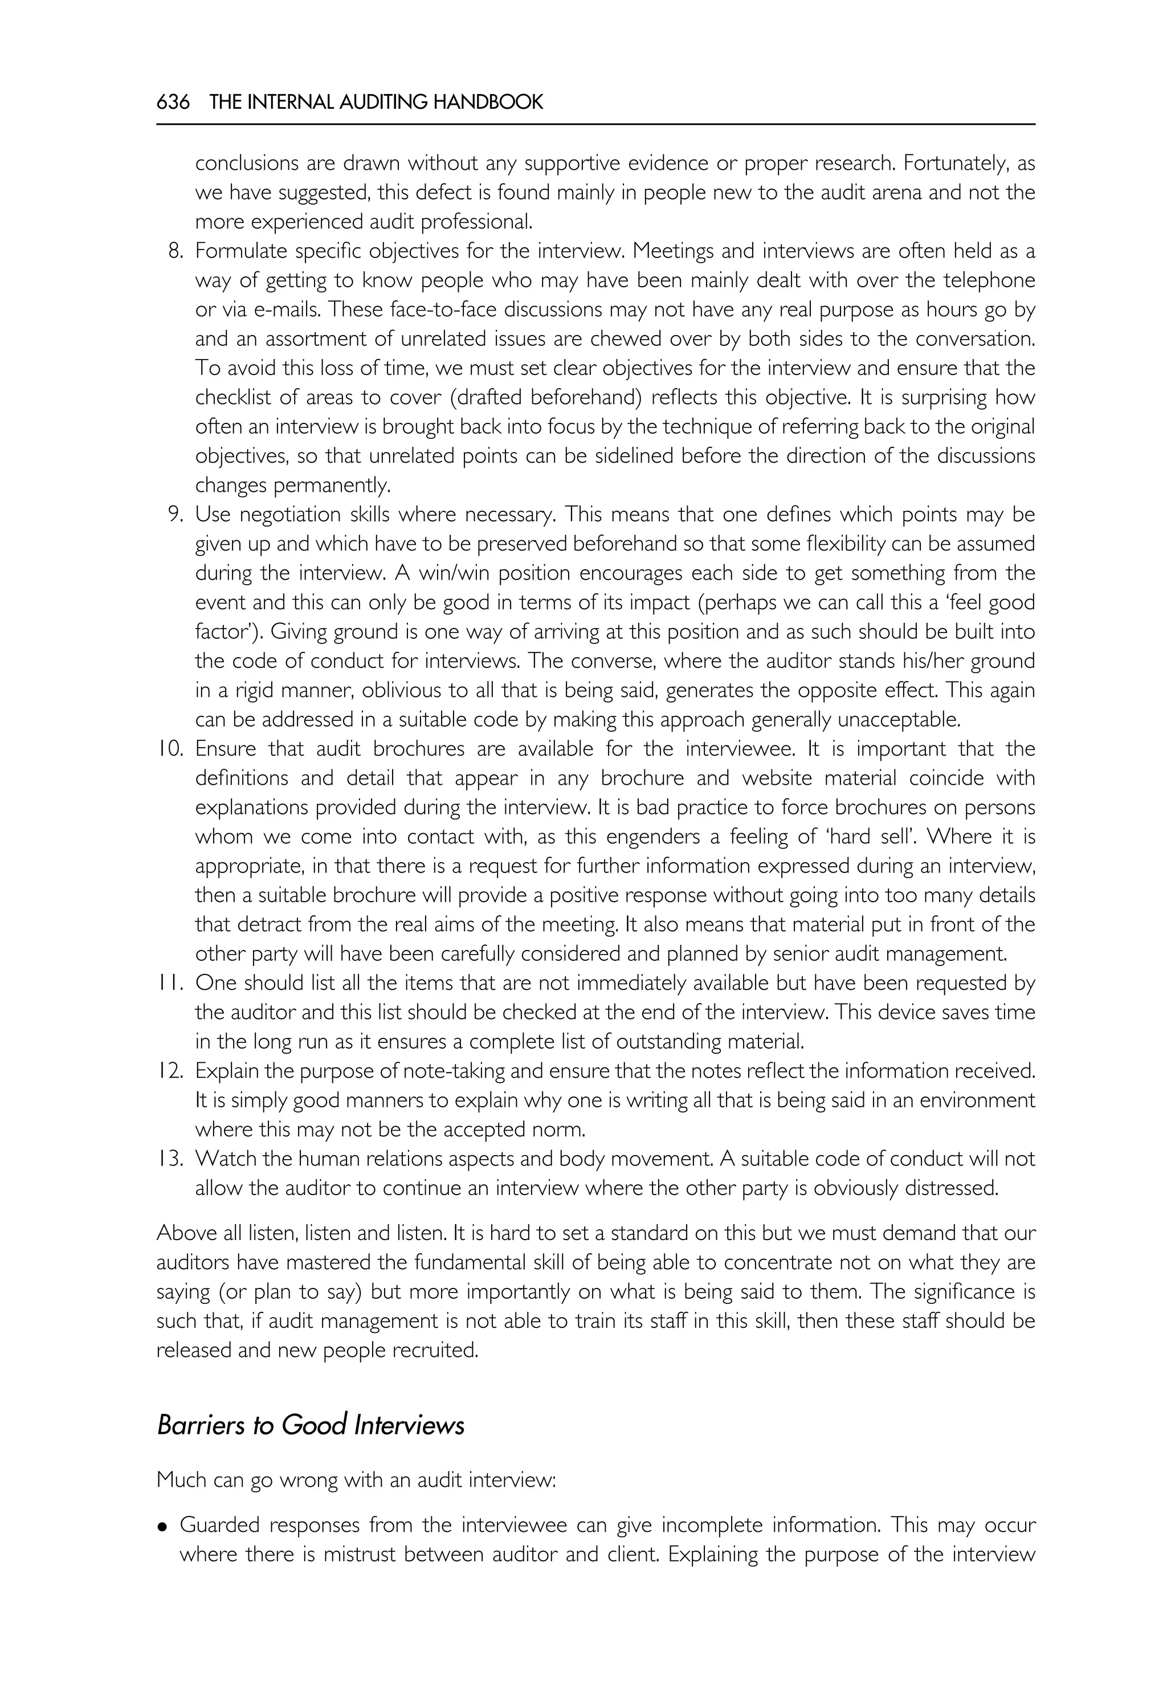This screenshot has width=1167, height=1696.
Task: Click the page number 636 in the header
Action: click(173, 103)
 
